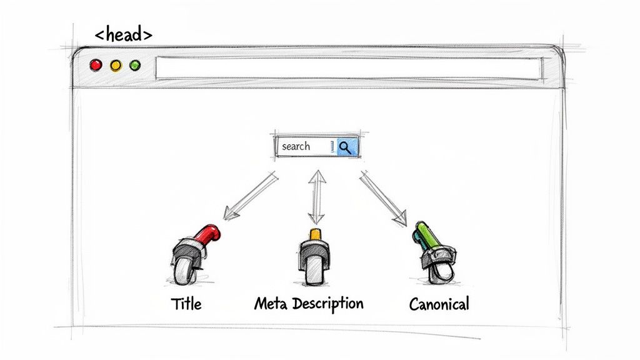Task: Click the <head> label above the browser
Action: (x=123, y=34)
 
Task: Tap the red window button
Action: (x=96, y=65)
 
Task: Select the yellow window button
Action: (x=116, y=65)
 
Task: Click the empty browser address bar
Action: (x=347, y=68)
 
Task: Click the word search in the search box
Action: (x=296, y=146)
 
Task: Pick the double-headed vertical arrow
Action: (x=316, y=197)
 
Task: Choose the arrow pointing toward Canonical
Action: (x=382, y=198)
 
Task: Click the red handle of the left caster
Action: (x=207, y=235)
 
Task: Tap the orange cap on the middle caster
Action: (x=315, y=234)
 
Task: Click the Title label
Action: (x=186, y=304)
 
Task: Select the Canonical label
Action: (x=439, y=304)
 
